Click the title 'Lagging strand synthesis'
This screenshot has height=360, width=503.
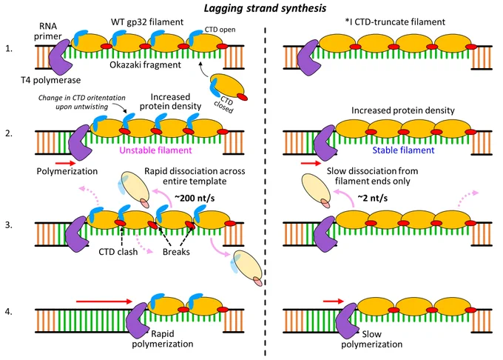265,7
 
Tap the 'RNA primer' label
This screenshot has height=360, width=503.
48,31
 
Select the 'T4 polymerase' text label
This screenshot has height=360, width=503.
51,80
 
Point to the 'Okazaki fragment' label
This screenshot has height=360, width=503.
145,65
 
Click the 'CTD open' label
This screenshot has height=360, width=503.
220,30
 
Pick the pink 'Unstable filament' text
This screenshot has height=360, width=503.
155,150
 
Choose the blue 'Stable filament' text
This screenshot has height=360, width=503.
403,150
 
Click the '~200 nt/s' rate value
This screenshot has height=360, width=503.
195,198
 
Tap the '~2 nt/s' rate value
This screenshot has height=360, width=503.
372,198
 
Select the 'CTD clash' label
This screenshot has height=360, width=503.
118,251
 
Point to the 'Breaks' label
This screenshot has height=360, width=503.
176,251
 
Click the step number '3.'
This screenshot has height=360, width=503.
9,224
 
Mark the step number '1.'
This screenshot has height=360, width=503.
9,48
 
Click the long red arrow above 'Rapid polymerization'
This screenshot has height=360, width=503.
104,301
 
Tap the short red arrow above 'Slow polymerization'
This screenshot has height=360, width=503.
334,301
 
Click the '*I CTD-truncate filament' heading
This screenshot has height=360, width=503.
395,21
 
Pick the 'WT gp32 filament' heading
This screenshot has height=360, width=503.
147,21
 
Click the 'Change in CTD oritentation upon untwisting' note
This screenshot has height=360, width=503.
82,102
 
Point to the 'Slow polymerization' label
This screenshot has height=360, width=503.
371,339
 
